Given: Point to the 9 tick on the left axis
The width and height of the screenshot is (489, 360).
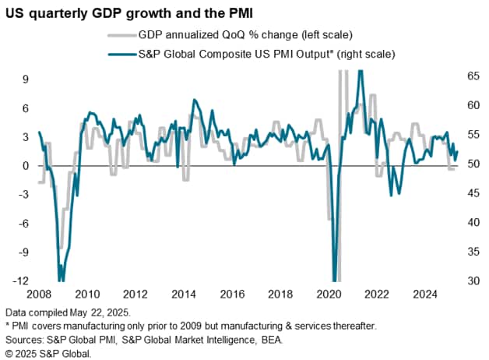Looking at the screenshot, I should click(26, 79).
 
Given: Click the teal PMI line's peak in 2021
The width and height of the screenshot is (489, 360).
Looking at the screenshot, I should click(360, 72).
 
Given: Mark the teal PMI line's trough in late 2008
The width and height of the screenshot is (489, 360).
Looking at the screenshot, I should click(62, 279).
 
